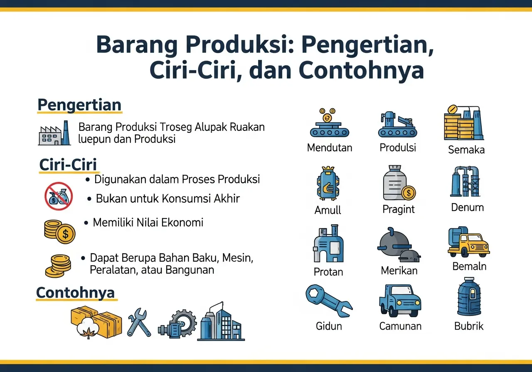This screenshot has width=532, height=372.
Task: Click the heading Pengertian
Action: (79, 105)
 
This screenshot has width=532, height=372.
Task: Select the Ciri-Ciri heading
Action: (68, 165)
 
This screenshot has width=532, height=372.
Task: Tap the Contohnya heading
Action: (75, 292)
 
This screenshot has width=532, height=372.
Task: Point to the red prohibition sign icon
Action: (59, 196)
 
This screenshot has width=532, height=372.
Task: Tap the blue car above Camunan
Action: (400, 300)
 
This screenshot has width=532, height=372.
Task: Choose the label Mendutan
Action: (330, 147)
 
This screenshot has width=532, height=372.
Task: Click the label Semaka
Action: (466, 149)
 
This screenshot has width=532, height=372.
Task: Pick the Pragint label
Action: (399, 210)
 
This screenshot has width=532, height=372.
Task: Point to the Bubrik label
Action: (469, 326)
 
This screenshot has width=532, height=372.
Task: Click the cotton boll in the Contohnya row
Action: (88, 327)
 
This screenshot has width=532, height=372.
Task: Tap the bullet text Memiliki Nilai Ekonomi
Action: (148, 223)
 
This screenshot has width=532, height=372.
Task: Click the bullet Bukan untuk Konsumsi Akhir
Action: (168, 198)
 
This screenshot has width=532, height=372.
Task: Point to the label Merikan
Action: (399, 271)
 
